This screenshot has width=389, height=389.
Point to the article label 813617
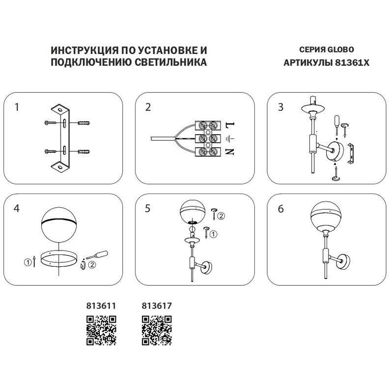point(156,306)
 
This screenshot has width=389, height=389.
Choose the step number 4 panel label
point(17,208)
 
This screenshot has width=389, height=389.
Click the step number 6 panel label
point(280,208)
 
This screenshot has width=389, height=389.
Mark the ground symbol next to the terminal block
point(229,138)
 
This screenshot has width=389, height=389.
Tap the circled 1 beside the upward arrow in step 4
point(28,263)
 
